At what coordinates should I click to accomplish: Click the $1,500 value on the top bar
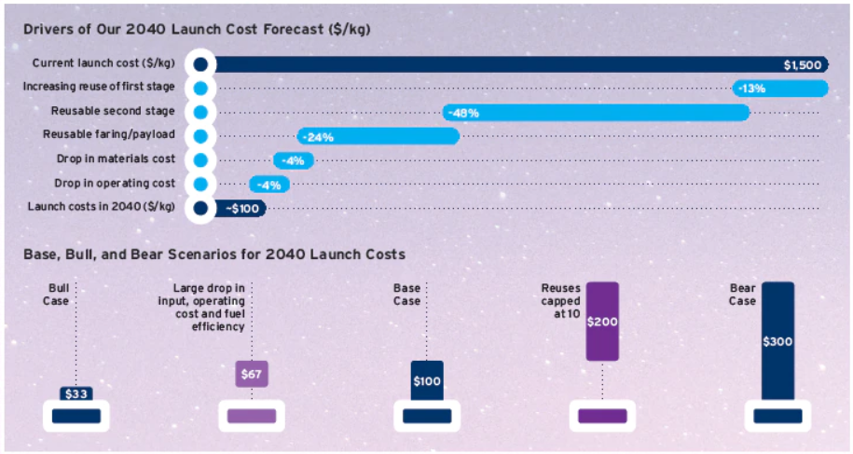(x=802, y=65)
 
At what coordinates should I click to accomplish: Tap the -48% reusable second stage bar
(x=597, y=113)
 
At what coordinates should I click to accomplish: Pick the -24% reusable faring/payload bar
(x=378, y=136)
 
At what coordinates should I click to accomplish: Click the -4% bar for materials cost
(x=293, y=160)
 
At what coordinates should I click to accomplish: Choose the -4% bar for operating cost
(x=268, y=184)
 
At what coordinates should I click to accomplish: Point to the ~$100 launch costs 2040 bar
(x=241, y=208)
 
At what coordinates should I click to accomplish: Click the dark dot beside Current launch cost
(x=199, y=64)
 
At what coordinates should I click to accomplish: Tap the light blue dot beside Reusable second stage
(x=199, y=112)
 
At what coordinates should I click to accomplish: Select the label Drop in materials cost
(x=117, y=159)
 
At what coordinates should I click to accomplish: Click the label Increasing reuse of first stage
(x=100, y=88)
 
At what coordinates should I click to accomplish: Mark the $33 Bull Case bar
(x=76, y=394)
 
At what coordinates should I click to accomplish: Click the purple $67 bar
(x=252, y=374)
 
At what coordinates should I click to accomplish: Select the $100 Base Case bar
(x=427, y=380)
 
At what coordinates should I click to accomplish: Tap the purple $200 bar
(x=602, y=321)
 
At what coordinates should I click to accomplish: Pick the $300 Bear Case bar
(x=777, y=341)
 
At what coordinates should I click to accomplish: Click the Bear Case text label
(x=742, y=295)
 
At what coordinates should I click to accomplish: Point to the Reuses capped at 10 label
(x=561, y=301)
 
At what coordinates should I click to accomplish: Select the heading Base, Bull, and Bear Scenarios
(x=213, y=254)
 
